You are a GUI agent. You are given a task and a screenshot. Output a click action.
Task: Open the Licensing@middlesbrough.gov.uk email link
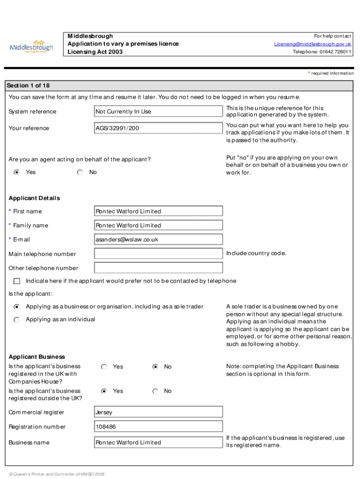[x=312, y=44]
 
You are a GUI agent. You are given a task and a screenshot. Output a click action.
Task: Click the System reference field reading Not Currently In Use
[x=158, y=111]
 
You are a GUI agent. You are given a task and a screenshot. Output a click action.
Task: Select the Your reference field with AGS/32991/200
[x=158, y=128]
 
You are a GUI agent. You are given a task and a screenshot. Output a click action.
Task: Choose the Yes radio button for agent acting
[x=17, y=172]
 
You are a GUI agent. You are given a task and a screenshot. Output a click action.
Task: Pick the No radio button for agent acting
[x=80, y=172]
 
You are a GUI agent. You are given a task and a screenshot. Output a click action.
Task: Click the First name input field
[x=158, y=211]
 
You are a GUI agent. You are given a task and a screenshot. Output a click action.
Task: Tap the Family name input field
[x=158, y=225]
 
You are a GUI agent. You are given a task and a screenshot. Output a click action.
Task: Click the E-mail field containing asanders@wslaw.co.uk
[x=158, y=239]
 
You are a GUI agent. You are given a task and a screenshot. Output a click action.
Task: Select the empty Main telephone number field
[x=158, y=254]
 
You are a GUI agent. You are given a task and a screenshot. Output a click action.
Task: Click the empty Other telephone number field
[x=158, y=268]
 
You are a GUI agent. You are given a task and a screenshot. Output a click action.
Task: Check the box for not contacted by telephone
[x=17, y=281]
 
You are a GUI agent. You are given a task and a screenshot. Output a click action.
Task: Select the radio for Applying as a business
[x=17, y=307]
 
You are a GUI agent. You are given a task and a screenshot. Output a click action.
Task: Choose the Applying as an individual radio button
[x=17, y=319]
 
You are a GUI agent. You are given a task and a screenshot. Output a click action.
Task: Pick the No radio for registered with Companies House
[x=155, y=367]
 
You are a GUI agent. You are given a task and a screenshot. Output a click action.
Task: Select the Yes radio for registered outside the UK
[x=104, y=391]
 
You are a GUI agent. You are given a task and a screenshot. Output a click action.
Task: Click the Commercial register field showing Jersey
[x=158, y=413]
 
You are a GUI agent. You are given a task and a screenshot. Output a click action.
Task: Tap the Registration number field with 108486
[x=158, y=427]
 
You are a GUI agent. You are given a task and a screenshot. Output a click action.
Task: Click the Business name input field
[x=158, y=443]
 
